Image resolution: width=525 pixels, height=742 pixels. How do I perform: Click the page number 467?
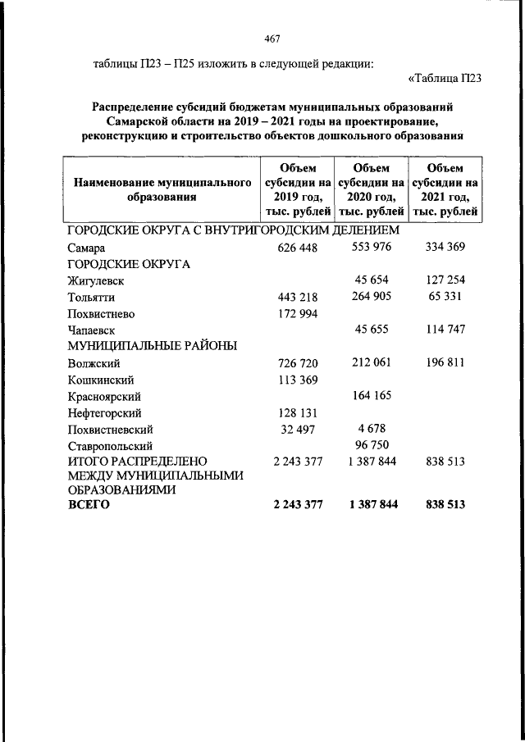click(x=272, y=39)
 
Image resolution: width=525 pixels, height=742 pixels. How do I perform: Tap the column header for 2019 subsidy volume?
click(x=298, y=189)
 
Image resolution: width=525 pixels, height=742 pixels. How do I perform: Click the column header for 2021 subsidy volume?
click(x=446, y=189)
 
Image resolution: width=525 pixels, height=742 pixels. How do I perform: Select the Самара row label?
click(x=87, y=248)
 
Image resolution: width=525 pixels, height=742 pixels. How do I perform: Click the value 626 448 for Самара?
click(x=298, y=248)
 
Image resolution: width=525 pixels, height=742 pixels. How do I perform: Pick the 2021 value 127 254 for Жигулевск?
click(x=446, y=280)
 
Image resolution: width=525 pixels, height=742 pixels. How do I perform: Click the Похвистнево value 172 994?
click(x=298, y=313)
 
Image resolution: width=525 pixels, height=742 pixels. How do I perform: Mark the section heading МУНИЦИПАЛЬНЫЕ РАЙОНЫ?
click(x=153, y=346)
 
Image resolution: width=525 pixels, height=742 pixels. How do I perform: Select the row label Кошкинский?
click(x=101, y=380)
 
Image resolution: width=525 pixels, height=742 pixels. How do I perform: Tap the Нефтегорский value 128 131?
click(x=298, y=412)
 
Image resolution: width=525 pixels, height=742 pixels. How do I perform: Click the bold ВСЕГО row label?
click(x=88, y=505)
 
